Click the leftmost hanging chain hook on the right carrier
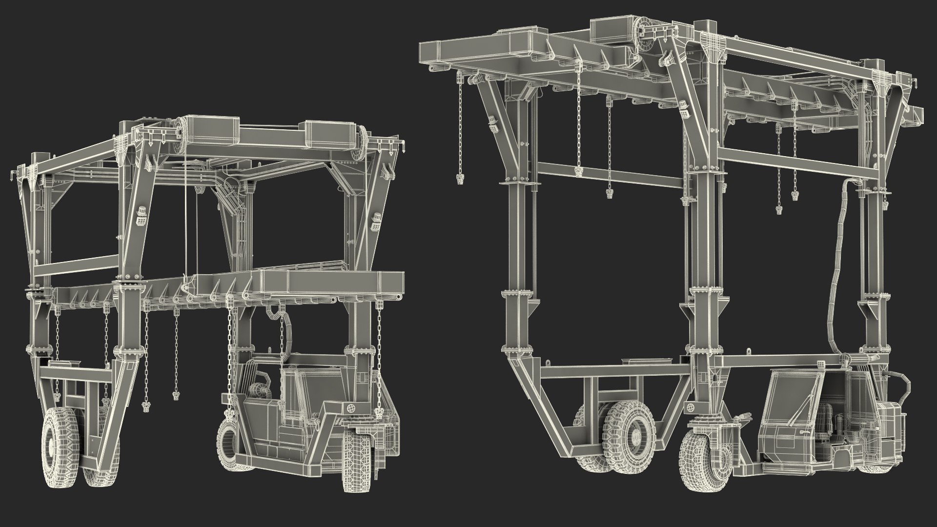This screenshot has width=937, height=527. pyautogui.click(x=459, y=180)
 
